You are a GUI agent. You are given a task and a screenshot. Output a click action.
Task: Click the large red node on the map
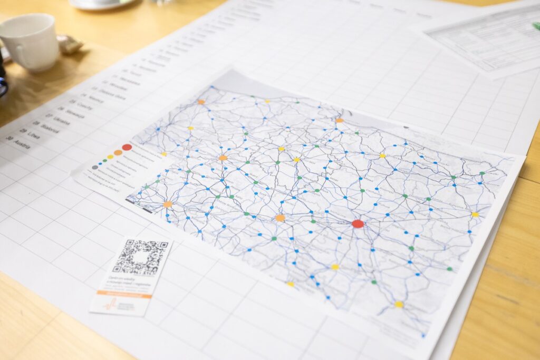tap(358, 223)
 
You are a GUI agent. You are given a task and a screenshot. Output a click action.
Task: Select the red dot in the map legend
tap(127, 147)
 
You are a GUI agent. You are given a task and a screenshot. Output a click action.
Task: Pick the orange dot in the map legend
tap(118, 152)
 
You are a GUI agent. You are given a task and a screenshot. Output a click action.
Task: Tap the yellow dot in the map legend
tap(110, 157)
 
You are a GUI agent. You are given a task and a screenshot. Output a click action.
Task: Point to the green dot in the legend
tap(105, 160)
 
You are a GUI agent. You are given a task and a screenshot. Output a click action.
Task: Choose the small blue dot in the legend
tap(101, 163)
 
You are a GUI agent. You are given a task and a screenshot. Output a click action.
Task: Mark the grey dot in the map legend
tap(95, 167)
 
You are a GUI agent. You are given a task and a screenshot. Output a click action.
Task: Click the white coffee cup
tap(31, 42)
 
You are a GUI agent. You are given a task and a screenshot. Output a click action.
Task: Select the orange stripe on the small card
tap(124, 294)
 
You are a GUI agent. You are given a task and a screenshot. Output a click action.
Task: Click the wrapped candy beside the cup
tap(69, 45)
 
